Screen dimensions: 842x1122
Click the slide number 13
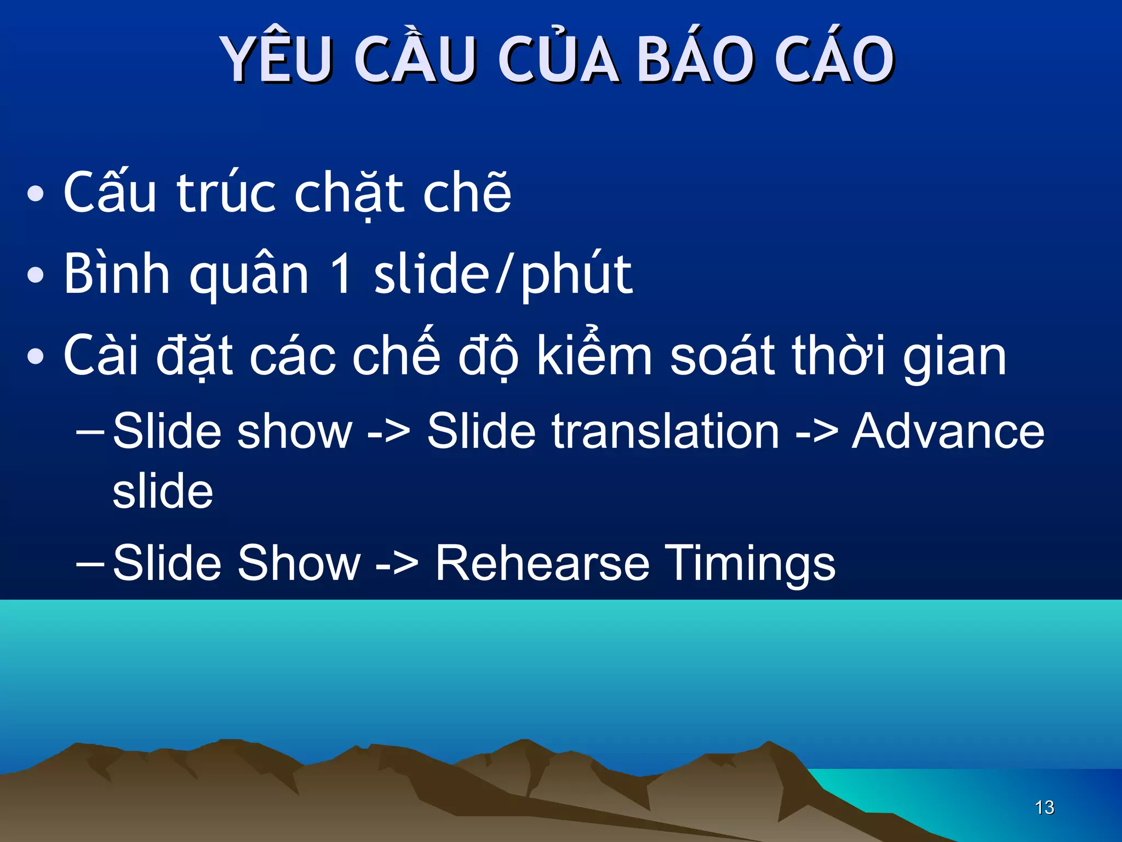point(1044,807)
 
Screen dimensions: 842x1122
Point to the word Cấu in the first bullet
point(110,193)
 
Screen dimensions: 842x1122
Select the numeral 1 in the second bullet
point(341,274)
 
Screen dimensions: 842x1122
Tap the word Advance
point(948,432)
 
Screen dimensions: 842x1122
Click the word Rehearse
point(542,564)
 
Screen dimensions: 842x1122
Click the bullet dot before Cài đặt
point(36,356)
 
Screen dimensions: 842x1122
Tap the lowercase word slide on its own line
point(163,491)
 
